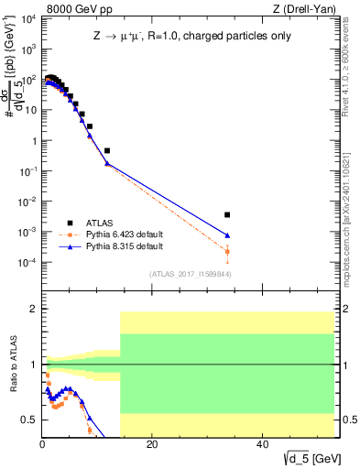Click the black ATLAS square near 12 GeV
tap(107, 150)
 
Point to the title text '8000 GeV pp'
tap(73, 10)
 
